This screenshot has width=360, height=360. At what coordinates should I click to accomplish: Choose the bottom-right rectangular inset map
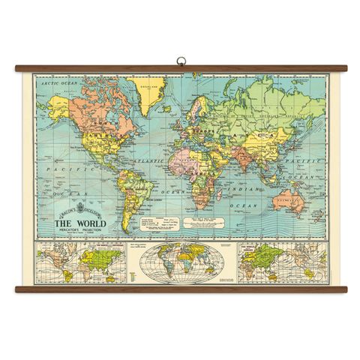coord(283,262)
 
